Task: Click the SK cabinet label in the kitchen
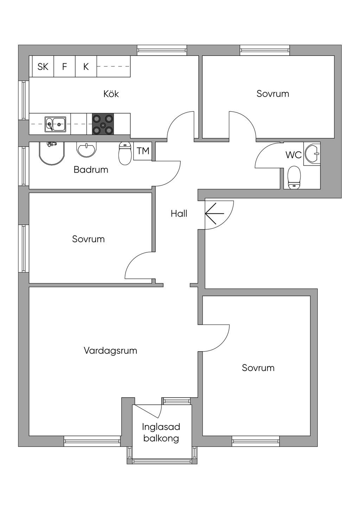pos(43,67)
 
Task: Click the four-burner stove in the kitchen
pos(103,124)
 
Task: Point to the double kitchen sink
pos(56,124)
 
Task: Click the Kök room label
pos(111,94)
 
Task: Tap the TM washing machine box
pos(143,151)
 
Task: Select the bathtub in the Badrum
pos(52,153)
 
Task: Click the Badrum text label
pos(91,170)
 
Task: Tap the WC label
pos(294,155)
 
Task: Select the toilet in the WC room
pos(294,178)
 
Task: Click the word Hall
pos(179,214)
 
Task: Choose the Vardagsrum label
pos(110,350)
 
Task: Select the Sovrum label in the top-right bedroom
pos(273,94)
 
